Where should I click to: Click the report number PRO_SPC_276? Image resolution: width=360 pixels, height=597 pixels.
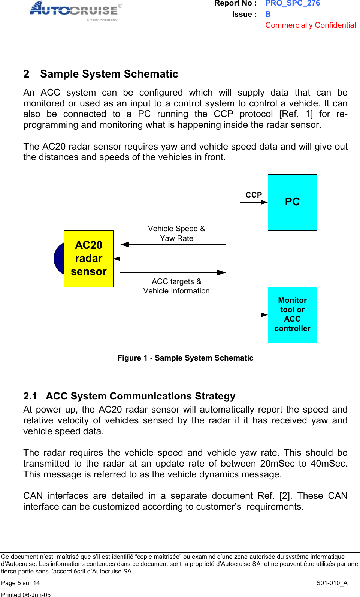[x=293, y=3]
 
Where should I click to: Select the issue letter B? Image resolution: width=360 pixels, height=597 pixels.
[x=268, y=14]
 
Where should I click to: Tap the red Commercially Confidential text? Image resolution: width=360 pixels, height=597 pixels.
[x=311, y=25]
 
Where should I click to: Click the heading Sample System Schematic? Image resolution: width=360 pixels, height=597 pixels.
[x=109, y=74]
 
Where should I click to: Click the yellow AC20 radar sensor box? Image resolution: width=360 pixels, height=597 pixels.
[x=89, y=259]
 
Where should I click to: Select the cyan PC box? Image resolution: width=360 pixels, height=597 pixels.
[x=292, y=202]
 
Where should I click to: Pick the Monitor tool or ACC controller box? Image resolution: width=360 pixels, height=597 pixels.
[x=292, y=314]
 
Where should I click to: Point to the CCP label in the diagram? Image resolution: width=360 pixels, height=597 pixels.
[x=254, y=195]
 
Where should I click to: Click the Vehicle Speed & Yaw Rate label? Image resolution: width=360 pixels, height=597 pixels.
[x=176, y=233]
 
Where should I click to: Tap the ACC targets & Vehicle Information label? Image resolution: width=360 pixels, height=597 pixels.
[x=176, y=286]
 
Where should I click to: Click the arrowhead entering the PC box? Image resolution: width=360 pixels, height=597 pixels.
[x=265, y=202]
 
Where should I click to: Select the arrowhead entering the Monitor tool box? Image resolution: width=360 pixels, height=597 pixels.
[x=265, y=315]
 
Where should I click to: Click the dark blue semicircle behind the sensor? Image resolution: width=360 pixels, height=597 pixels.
[x=59, y=259]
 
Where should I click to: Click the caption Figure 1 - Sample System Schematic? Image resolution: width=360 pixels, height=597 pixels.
[x=185, y=358]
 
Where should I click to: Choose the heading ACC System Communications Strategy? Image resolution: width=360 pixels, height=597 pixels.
[x=140, y=396]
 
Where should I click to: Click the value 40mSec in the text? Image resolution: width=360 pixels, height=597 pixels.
[x=328, y=464]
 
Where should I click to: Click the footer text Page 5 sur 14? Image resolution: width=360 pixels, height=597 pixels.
[x=21, y=583]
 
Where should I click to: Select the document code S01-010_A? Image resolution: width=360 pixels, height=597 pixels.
[x=332, y=583]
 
